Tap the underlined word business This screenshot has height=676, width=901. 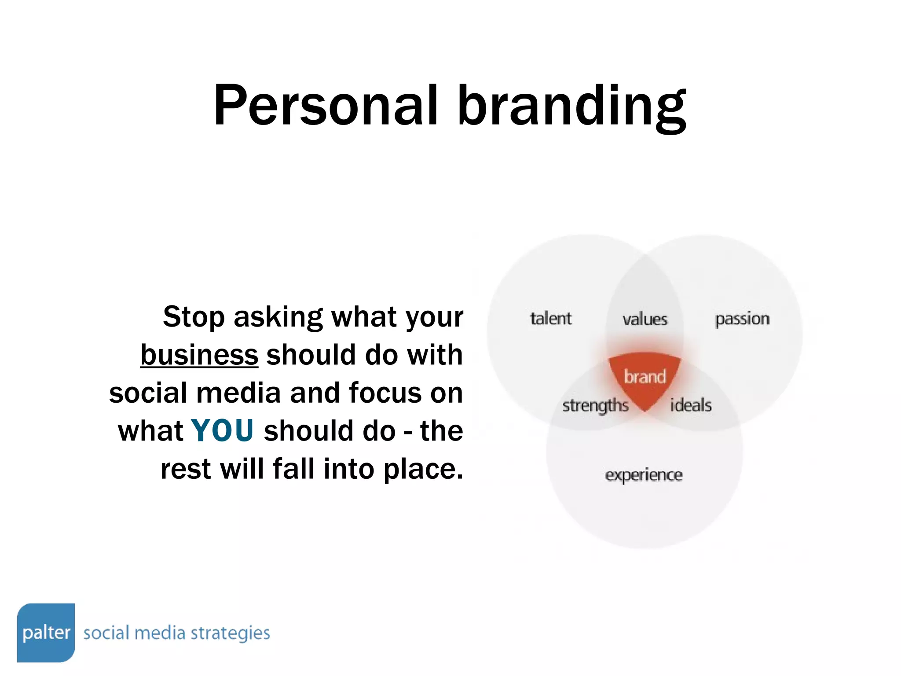point(199,355)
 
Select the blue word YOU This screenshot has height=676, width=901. point(223,430)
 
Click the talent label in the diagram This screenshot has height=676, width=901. point(551,318)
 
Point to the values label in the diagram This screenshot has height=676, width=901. point(645,319)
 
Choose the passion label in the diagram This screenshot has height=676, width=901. point(742,319)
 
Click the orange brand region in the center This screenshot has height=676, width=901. point(645,377)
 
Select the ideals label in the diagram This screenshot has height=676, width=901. point(691,405)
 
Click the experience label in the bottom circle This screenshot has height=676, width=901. point(644,475)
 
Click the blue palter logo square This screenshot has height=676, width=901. point(46,632)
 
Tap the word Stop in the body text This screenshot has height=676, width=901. point(194,317)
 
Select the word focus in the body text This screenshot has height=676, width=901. point(385,393)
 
